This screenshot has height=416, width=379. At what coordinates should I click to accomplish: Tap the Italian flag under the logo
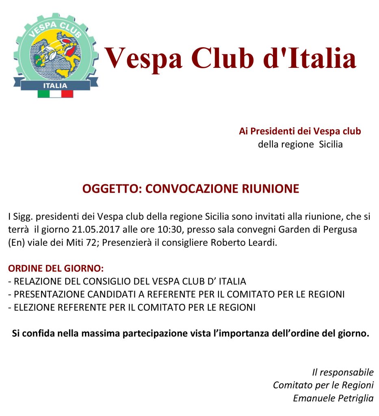pyautogui.click(x=56, y=94)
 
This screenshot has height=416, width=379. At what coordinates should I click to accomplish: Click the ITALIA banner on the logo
pyautogui.click(x=56, y=85)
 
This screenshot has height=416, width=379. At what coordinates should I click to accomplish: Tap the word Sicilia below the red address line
pyautogui.click(x=331, y=144)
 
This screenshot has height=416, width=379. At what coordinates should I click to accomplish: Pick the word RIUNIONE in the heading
pyautogui.click(x=271, y=189)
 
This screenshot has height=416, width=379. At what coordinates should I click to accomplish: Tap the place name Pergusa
pyautogui.click(x=340, y=229)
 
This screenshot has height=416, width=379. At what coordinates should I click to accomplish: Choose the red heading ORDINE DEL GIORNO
pyautogui.click(x=56, y=269)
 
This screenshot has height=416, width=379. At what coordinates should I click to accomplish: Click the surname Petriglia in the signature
pyautogui.click(x=356, y=398)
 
